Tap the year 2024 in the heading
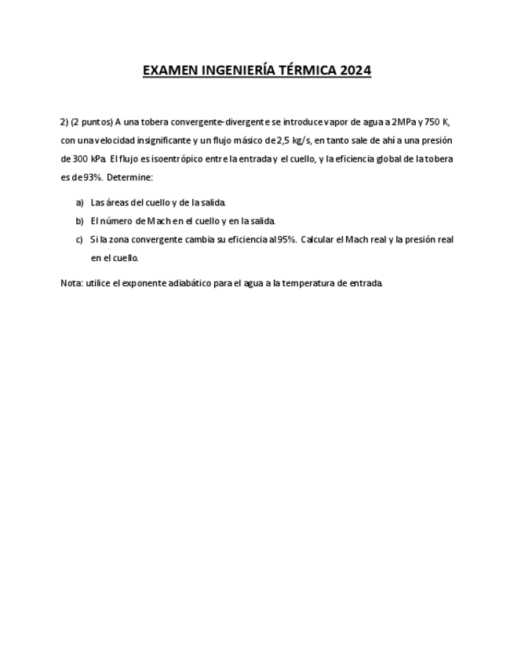pos(355,71)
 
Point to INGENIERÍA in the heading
pos(234,71)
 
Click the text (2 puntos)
pos(92,122)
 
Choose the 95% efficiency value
pos(285,239)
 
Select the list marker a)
pos(79,202)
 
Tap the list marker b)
pos(79,221)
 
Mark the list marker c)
pos(79,239)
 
